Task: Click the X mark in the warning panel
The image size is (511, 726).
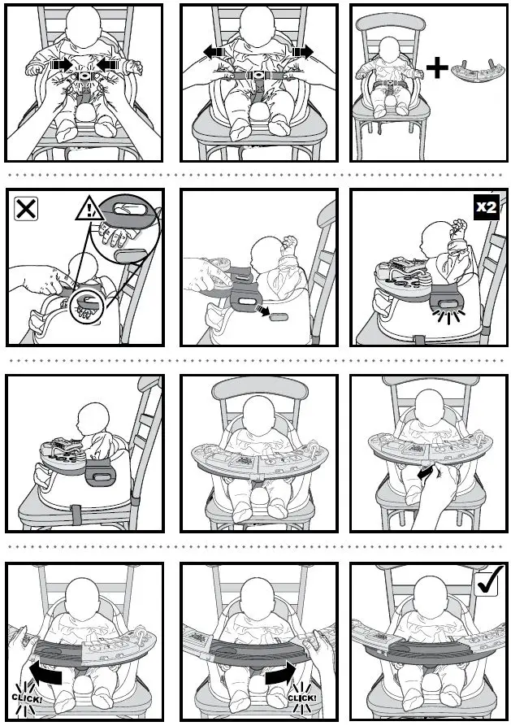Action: (26, 210)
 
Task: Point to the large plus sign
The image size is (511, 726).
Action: (438, 67)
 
